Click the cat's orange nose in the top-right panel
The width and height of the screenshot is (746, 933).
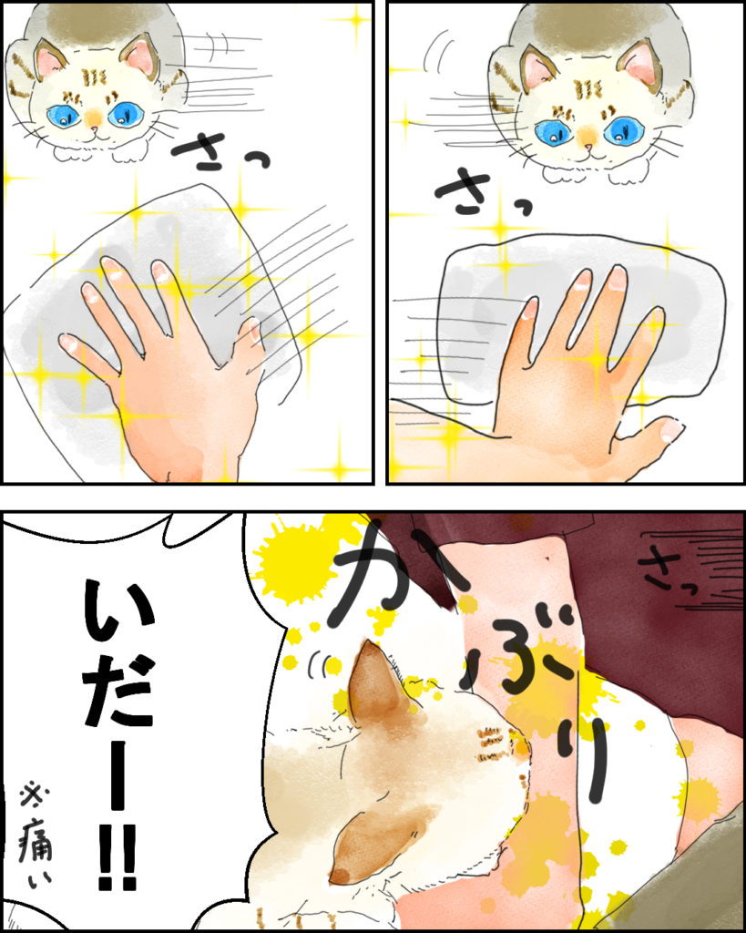[x=588, y=138]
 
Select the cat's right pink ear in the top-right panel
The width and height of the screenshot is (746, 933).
[x=642, y=66]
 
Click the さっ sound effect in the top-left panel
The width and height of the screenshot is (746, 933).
[x=221, y=150]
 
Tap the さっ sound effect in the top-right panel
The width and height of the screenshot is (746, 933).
[x=482, y=190]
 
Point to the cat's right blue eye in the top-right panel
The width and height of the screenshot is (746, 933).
[x=621, y=131]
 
